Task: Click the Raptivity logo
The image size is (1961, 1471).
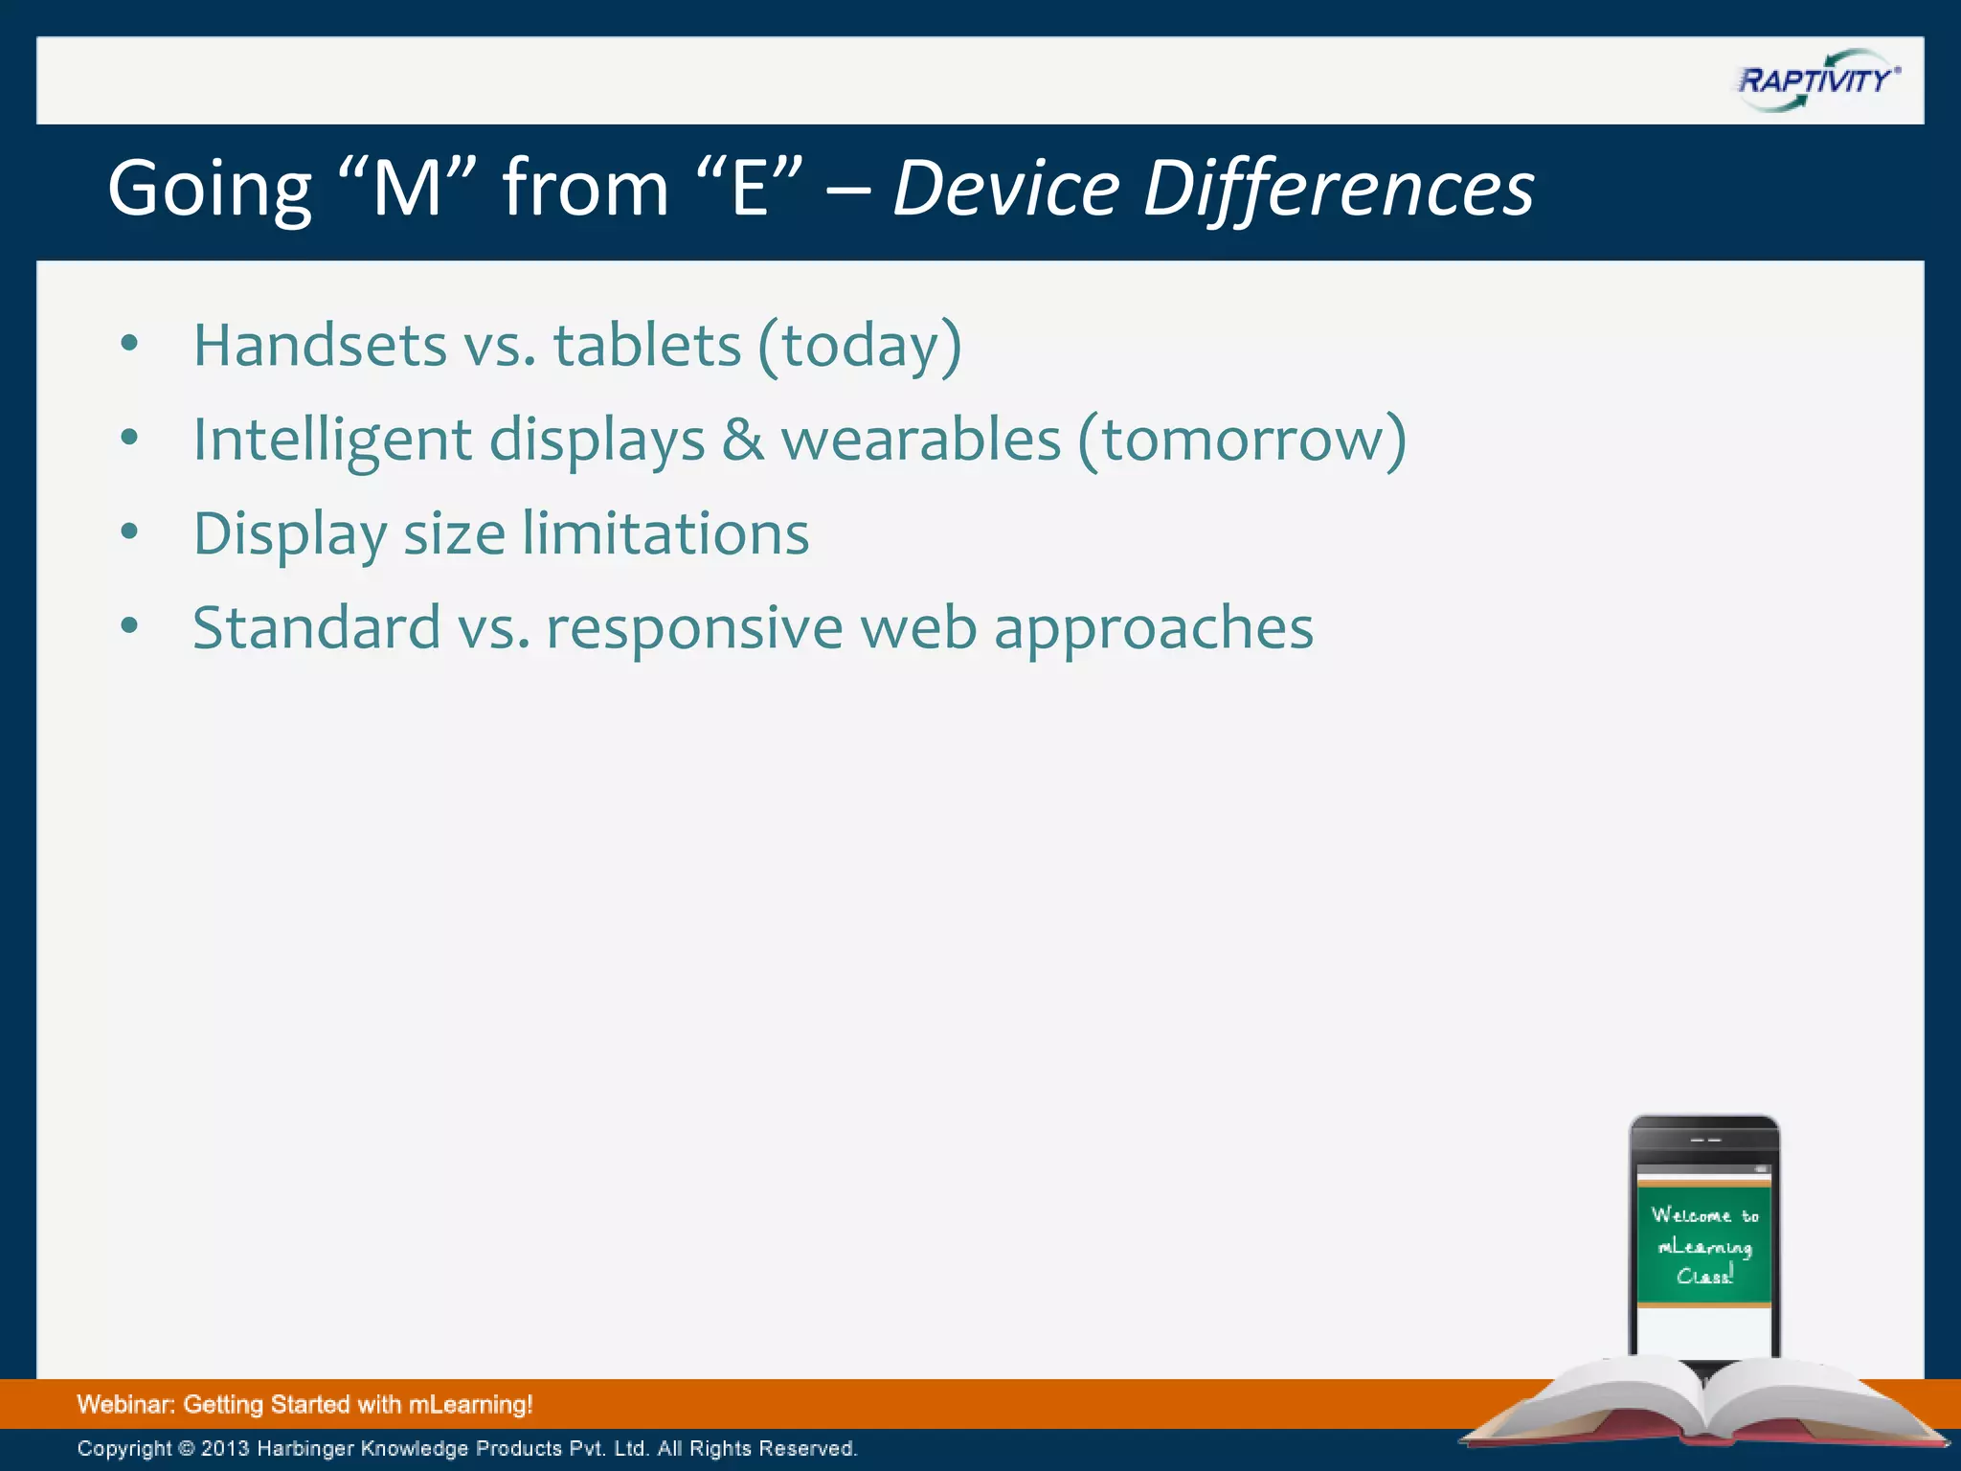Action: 1817,80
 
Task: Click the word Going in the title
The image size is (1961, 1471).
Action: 210,190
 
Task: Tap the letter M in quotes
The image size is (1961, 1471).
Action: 407,190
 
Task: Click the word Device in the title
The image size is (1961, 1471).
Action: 1005,190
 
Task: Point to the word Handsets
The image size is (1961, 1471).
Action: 320,346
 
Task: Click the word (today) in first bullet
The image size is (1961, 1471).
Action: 860,346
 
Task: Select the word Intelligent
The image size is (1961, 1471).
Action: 332,440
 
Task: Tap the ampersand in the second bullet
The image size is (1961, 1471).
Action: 743,440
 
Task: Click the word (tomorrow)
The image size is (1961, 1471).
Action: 1242,440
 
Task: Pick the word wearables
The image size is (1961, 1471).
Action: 921,440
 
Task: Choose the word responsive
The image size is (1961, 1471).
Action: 694,628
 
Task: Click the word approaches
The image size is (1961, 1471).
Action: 1153,630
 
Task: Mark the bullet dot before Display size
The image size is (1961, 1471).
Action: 129,532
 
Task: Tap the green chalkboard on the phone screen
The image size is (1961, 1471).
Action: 1703,1245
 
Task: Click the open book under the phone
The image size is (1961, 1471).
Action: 1704,1403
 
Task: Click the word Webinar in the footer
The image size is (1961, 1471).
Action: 124,1405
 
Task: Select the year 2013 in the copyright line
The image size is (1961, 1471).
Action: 225,1449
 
